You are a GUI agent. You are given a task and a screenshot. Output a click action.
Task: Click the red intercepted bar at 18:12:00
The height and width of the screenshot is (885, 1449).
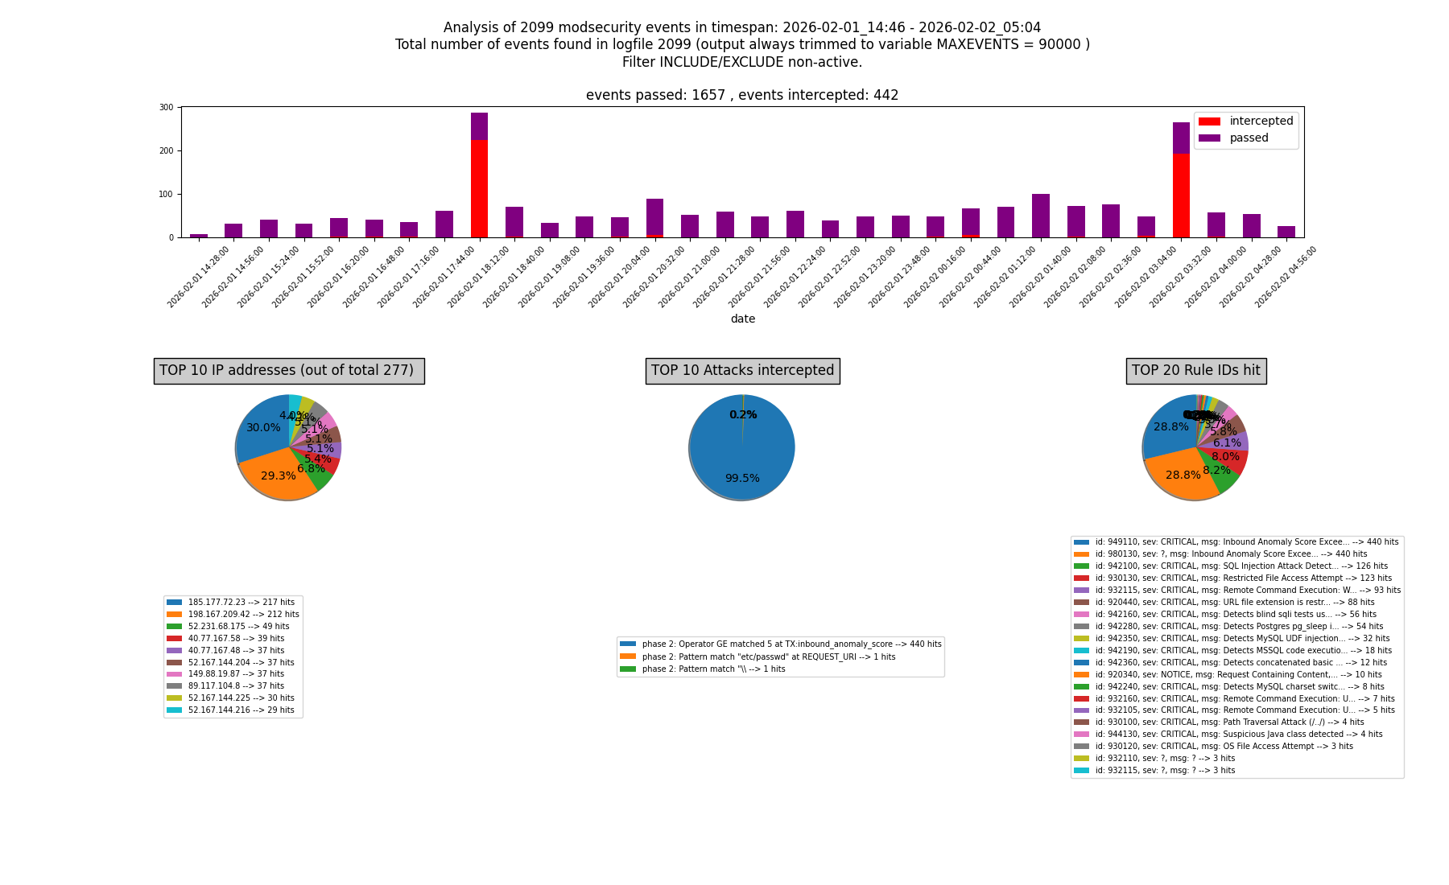coord(479,189)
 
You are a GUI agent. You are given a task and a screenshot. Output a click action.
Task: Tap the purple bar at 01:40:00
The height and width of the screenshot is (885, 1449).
coord(1040,216)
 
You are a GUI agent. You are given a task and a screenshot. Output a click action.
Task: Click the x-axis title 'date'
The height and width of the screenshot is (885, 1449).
coord(742,319)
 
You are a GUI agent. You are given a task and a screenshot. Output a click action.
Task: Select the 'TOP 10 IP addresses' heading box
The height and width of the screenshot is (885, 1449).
coord(289,371)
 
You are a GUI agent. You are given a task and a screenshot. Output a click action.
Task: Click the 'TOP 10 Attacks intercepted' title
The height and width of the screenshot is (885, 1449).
coord(742,371)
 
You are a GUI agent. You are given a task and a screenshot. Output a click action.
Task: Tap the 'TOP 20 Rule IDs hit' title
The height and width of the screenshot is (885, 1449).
coord(1195,371)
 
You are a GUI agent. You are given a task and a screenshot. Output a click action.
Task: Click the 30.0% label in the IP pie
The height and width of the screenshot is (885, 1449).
coord(263,428)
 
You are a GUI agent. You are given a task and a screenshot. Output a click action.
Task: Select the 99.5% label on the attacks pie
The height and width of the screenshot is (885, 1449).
coord(741,479)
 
